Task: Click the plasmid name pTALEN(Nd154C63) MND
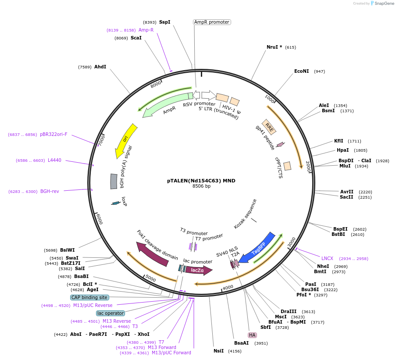(x=201, y=180)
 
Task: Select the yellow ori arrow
(x=125, y=141)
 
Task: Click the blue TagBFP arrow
(x=257, y=248)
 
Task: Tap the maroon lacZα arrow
(x=198, y=270)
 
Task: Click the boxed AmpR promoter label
(x=212, y=22)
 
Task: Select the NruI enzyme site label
(x=274, y=47)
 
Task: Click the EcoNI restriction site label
(x=301, y=71)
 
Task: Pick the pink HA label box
(x=252, y=335)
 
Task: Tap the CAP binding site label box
(x=89, y=297)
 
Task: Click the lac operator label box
(x=111, y=313)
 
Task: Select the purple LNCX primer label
(x=327, y=258)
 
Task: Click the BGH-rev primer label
(x=50, y=191)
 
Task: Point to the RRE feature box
(x=269, y=127)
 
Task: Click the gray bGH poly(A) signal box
(x=114, y=181)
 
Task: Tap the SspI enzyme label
(x=164, y=22)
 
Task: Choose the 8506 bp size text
(x=201, y=186)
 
